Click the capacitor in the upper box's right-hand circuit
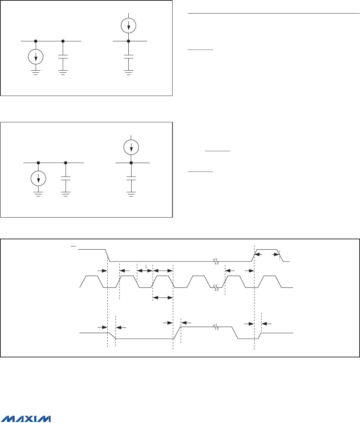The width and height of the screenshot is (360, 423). (129, 56)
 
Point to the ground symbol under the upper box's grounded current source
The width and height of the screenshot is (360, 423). (36, 72)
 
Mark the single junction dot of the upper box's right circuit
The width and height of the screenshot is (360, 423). (129, 41)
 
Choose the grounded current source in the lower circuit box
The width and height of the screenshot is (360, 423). (38, 178)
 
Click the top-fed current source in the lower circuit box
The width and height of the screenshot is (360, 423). (131, 146)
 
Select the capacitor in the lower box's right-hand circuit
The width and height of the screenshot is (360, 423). (131, 178)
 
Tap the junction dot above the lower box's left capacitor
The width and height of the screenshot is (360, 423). (66, 163)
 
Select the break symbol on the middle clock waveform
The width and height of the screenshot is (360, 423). (216, 287)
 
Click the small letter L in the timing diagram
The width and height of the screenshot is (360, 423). (146, 266)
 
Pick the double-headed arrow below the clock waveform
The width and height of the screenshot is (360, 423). (163, 297)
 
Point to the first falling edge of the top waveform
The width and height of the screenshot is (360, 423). (107, 255)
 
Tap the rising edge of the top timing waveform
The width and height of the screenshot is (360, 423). (254, 255)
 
